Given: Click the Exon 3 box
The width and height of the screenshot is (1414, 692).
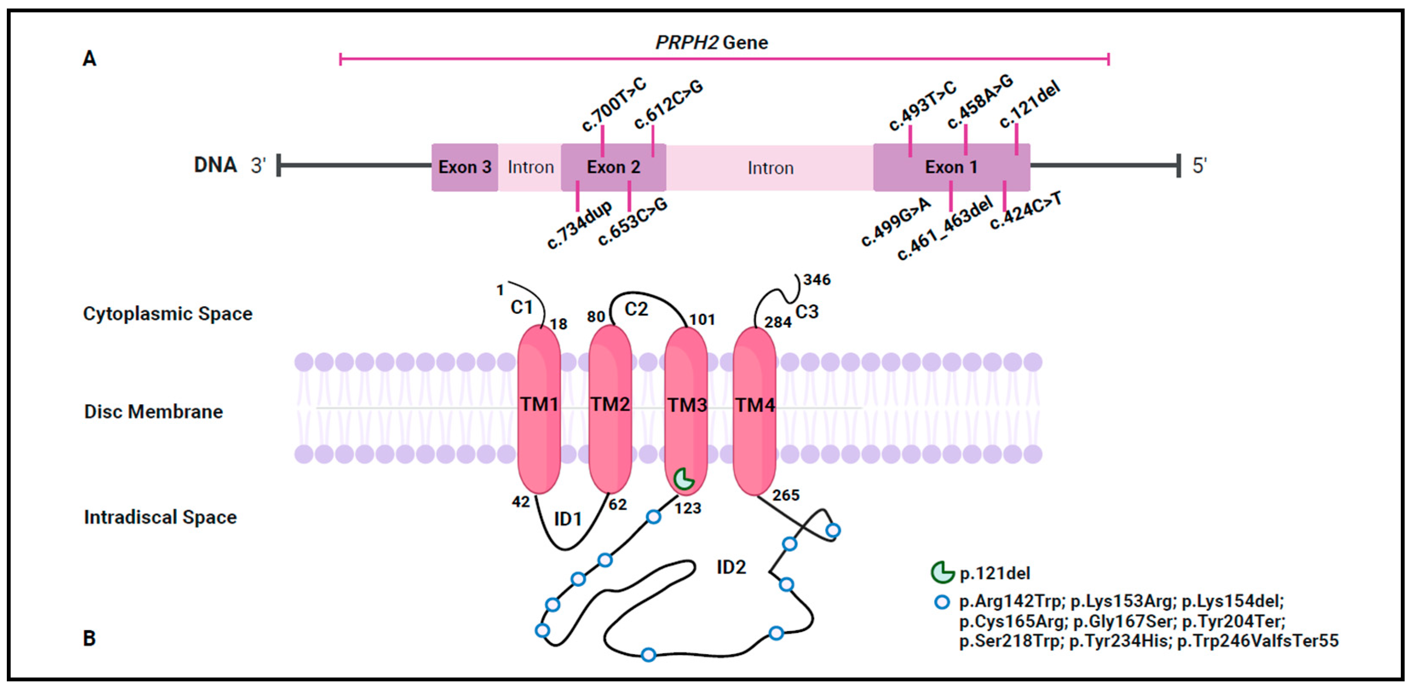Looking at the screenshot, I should point(464,167).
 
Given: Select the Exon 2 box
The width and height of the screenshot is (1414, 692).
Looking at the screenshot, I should point(613,167).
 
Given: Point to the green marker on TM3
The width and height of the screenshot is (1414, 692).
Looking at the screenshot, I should point(684,479).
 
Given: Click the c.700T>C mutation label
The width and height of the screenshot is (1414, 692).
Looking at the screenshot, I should point(614,104).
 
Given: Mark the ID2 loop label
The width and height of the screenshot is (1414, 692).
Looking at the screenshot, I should point(731,567).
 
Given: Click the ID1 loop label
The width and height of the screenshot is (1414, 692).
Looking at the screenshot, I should point(568,519).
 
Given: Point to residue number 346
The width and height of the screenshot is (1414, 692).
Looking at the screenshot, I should point(817,280).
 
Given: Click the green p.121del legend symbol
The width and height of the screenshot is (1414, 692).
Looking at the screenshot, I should point(942,572).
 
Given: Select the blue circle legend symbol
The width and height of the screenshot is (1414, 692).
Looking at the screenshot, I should point(941,602).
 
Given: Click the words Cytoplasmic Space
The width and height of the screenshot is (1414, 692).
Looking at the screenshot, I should point(167,313).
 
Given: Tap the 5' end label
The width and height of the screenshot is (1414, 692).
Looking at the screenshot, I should point(1199,165).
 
